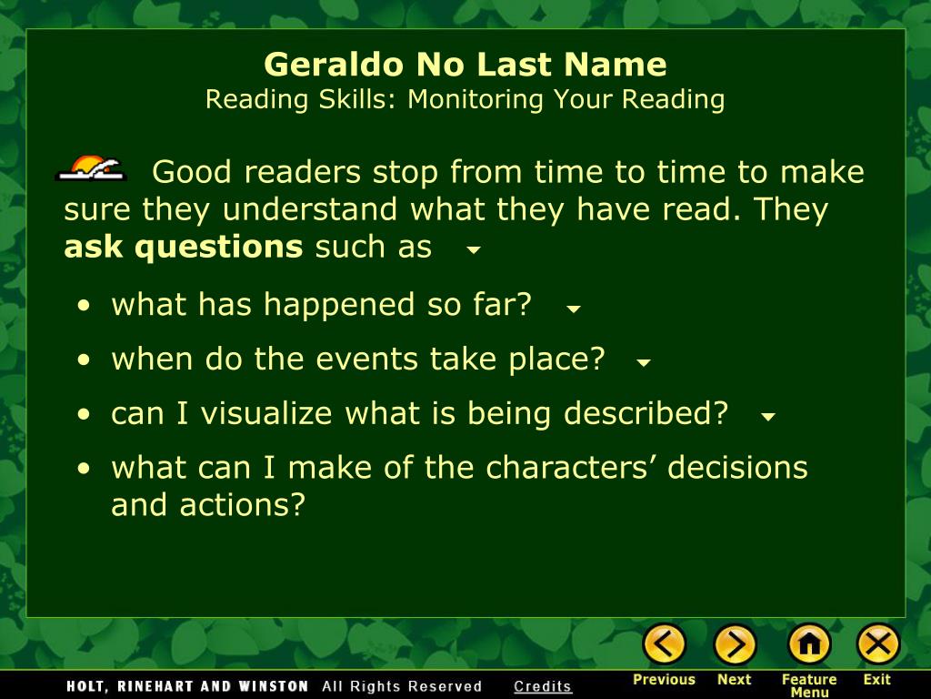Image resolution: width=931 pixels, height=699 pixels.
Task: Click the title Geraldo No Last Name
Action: pyautogui.click(x=465, y=65)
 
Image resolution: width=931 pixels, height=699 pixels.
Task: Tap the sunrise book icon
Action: pyautogui.click(x=91, y=168)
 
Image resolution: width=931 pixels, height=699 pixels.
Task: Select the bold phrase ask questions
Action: pyautogui.click(x=183, y=247)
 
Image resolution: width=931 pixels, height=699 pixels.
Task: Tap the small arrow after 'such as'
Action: pyautogui.click(x=473, y=249)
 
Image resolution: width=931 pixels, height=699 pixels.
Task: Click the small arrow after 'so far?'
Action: pyautogui.click(x=573, y=309)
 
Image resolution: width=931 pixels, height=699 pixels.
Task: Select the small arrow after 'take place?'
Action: pyautogui.click(x=644, y=362)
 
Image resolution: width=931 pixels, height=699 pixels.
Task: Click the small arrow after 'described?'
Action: pyautogui.click(x=768, y=417)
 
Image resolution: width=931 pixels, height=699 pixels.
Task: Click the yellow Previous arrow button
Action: pyautogui.click(x=665, y=644)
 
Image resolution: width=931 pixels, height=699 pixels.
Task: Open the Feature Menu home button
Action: pyautogui.click(x=808, y=644)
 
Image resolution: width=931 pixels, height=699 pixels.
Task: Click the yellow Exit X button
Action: pyautogui.click(x=877, y=644)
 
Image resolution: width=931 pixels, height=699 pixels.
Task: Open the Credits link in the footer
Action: pyautogui.click(x=543, y=686)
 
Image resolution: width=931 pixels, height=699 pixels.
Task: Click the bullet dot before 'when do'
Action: pyautogui.click(x=84, y=360)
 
